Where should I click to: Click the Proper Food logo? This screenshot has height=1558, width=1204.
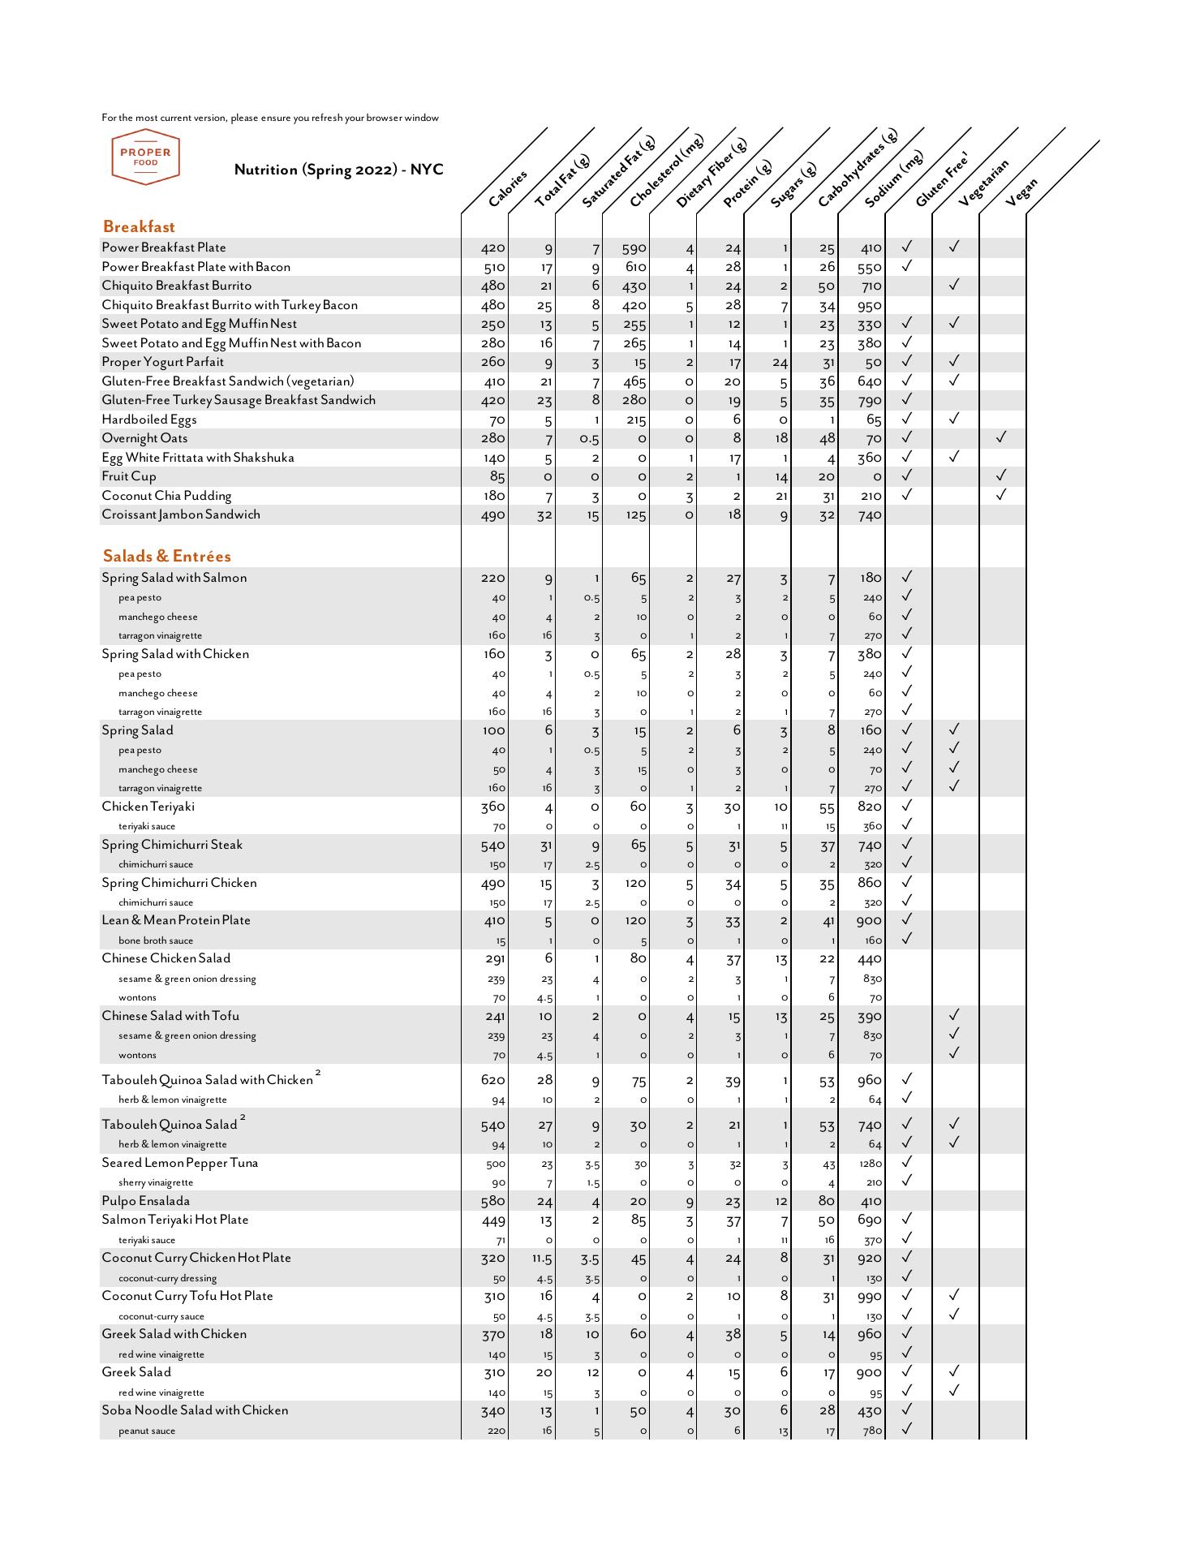pos(146,157)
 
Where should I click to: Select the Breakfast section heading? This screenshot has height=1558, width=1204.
pos(139,227)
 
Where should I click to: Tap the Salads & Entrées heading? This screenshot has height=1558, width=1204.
pos(166,557)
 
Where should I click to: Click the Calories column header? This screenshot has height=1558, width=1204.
pos(508,187)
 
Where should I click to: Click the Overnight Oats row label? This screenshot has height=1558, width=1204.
pos(144,439)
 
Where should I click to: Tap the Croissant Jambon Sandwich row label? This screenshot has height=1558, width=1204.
pos(181,515)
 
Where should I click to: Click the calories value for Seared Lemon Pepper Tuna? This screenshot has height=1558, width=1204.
pos(495,1164)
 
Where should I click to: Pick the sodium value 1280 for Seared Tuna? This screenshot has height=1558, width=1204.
pos(870,1164)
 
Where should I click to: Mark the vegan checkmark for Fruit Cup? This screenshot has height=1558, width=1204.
pos(1001,476)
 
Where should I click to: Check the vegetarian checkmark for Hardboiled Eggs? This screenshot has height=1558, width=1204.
pos(954,419)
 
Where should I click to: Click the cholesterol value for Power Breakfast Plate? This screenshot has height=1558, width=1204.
pos(634,249)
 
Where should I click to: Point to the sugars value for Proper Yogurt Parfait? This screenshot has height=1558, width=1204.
pos(780,364)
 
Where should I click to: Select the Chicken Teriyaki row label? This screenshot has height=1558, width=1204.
pos(148,807)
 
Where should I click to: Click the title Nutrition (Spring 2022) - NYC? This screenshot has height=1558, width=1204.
pos(338,170)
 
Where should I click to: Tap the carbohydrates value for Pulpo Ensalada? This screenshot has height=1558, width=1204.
pos(826,1202)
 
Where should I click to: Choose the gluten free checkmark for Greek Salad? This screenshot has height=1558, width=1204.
pos(907,1371)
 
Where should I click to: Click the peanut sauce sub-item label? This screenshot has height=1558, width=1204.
pos(147,1431)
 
